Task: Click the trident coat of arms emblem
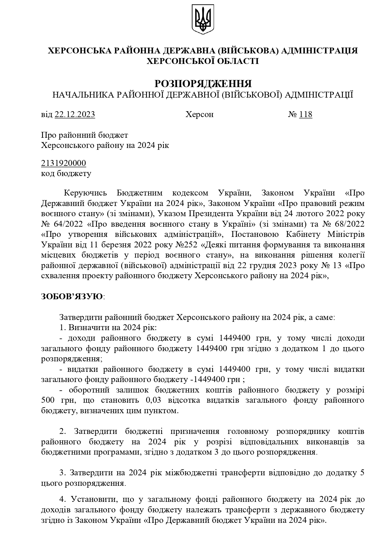pyautogui.click(x=203, y=19)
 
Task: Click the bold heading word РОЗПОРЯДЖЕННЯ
pyautogui.click(x=203, y=84)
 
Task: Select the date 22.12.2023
pyautogui.click(x=75, y=115)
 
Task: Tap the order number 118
pyautogui.click(x=306, y=115)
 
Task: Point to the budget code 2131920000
pyautogui.click(x=64, y=163)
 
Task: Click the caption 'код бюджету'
pyautogui.click(x=66, y=173)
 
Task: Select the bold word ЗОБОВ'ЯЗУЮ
pyautogui.click(x=72, y=296)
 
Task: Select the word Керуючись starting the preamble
pyautogui.click(x=85, y=193)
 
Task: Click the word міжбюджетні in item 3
pyautogui.click(x=189, y=473)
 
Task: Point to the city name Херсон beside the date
pyautogui.click(x=199, y=115)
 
